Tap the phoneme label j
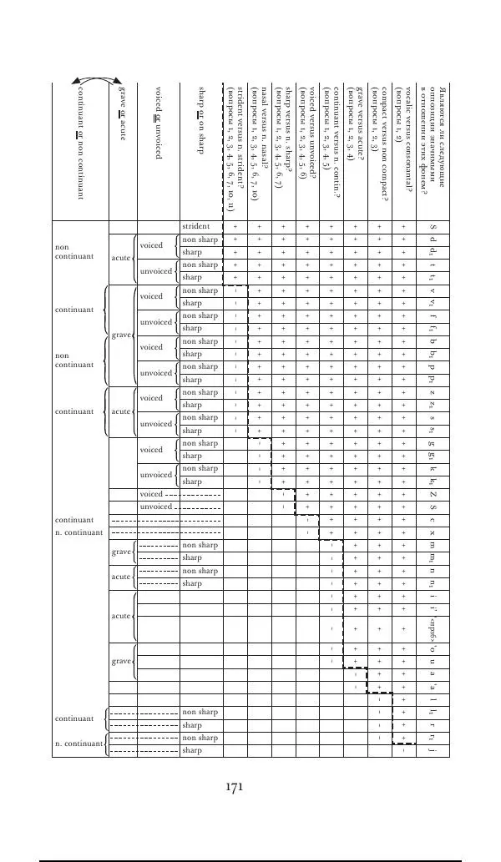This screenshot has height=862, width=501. [x=432, y=750]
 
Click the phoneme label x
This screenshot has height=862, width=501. [x=432, y=532]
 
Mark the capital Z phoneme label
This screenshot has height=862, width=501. [x=432, y=494]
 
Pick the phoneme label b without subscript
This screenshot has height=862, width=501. [x=432, y=341]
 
